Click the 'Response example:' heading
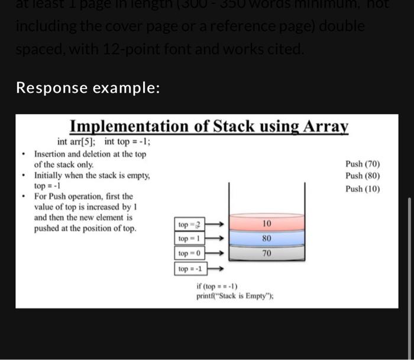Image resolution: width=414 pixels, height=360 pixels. click(x=88, y=87)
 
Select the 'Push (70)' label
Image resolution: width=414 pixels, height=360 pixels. click(x=363, y=164)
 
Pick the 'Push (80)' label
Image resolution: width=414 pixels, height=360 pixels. click(x=363, y=176)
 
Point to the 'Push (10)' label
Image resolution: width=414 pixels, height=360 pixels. click(x=363, y=189)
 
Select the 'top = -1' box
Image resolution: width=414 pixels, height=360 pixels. click(x=190, y=269)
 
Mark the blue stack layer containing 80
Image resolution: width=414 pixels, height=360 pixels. click(x=266, y=239)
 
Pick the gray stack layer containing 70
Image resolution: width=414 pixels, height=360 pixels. click(x=266, y=254)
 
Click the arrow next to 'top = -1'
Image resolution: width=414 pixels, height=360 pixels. click(x=216, y=269)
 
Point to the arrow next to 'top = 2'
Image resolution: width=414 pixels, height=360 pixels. click(x=216, y=225)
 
